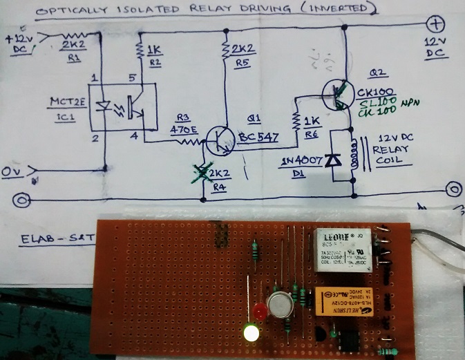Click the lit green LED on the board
pos(250,334)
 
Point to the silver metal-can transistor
pos(281,302)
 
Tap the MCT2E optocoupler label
pos(66,104)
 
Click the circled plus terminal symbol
pos(436,25)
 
